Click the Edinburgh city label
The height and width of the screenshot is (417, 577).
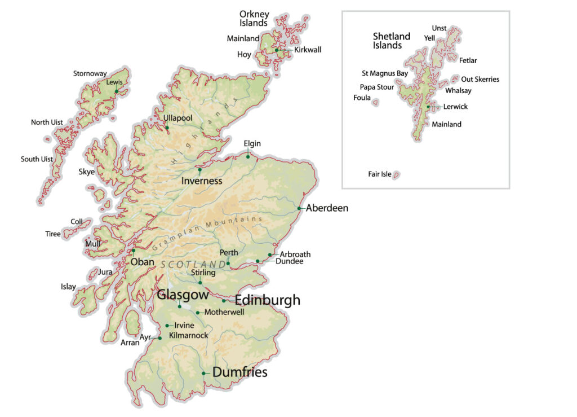267,300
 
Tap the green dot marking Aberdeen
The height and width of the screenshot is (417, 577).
299,209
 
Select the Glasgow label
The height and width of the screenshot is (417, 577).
183,295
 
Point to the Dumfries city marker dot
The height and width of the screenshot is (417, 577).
203,373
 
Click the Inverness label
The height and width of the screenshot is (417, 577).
202,181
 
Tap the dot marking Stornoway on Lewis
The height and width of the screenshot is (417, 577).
117,91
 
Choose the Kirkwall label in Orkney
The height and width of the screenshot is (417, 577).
308,50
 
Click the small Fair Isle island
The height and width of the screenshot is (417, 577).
396,175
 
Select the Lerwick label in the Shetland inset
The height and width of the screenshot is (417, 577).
455,107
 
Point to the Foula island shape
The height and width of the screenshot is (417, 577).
375,102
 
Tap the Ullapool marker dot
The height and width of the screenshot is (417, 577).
167,128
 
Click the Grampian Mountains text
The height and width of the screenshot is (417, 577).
207,234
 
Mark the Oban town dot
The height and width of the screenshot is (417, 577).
134,251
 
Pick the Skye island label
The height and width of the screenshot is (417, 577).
87,172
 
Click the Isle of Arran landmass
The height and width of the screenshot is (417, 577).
132,323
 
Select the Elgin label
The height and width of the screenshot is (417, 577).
252,143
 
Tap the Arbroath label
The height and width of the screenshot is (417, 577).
295,254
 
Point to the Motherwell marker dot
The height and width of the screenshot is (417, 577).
198,313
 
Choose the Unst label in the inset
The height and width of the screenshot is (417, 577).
439,28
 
